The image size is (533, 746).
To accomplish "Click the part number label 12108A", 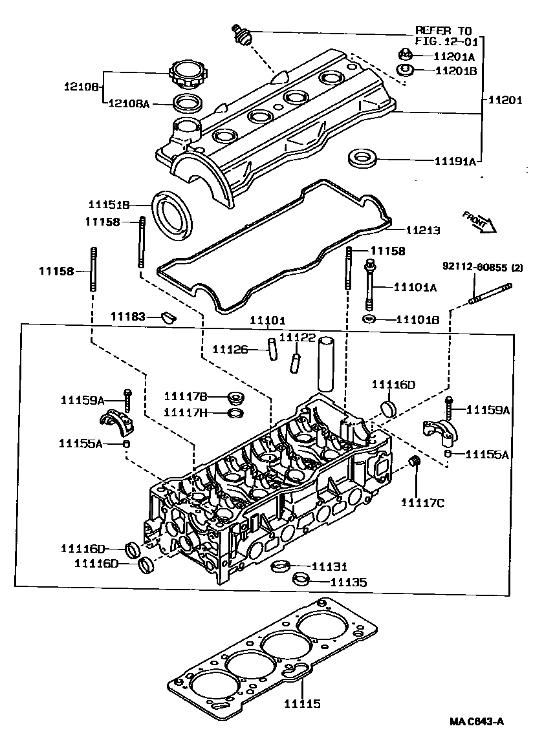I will (x=129, y=103).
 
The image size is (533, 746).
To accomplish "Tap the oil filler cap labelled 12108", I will (x=186, y=74).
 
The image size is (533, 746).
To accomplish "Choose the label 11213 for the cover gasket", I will (x=423, y=229).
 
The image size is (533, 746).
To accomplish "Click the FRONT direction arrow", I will (x=479, y=220).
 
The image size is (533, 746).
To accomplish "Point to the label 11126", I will (x=230, y=350).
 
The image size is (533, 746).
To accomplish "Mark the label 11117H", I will (x=185, y=412).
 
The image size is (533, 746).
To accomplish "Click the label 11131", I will (x=330, y=566).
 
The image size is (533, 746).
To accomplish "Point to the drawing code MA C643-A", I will (x=478, y=721).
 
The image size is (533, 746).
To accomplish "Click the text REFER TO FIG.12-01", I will (x=444, y=36).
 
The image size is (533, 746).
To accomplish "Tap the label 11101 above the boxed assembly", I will (x=268, y=321).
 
